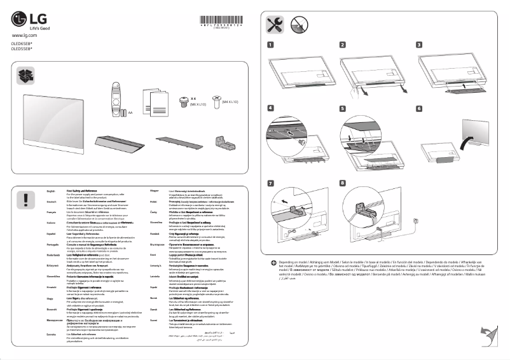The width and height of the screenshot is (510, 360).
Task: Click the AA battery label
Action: coord(130,113)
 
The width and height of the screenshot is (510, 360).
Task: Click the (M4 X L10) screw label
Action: coord(234,100)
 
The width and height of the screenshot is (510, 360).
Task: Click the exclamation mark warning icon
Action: coord(25,199)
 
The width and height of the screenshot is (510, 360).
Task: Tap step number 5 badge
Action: coord(344,109)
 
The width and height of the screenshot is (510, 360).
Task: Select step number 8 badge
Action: coord(344,183)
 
